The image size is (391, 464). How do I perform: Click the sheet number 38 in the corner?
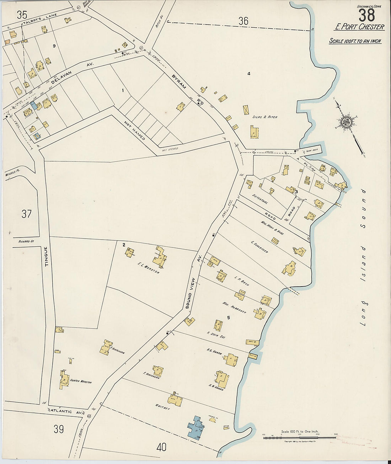pyautogui.click(x=366, y=15)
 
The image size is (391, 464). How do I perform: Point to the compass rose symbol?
pyautogui.click(x=345, y=123)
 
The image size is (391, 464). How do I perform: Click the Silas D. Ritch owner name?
pyautogui.click(x=265, y=117)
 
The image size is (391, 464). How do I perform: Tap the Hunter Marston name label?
pyautogui.click(x=81, y=383)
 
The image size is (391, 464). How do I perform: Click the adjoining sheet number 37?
pyautogui.click(x=26, y=214)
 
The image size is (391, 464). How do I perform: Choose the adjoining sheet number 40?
pyautogui.click(x=161, y=447)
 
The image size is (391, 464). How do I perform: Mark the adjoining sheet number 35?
pyautogui.click(x=22, y=15)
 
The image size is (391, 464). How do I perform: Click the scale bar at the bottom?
pyautogui.click(x=299, y=437)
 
